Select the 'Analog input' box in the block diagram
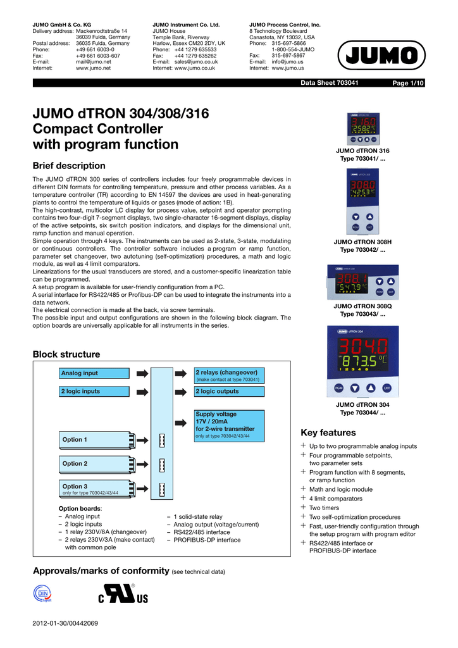tap(89, 373)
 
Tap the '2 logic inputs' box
tap(89, 391)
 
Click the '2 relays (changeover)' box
tap(230, 375)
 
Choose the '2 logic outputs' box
tap(230, 391)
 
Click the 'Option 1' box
tap(97, 440)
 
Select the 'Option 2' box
tap(97, 464)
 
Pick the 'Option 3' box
tap(97, 489)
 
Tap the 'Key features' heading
tap(328, 433)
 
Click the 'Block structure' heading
tap(66, 354)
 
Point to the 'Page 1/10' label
tap(408, 84)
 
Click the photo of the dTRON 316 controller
tap(362, 128)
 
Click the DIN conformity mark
tap(42, 594)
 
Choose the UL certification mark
tap(122, 595)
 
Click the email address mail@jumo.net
tap(93, 62)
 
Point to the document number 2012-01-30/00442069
tap(65, 624)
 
